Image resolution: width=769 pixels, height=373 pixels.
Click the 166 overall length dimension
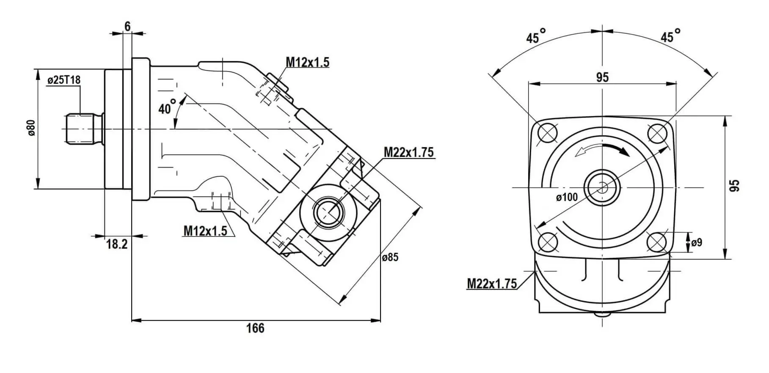pos(255,329)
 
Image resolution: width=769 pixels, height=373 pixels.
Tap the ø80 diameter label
pos(31,128)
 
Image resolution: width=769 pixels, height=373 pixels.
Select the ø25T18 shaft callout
pos(64,80)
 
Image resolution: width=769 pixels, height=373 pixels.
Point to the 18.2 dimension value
pos(116,244)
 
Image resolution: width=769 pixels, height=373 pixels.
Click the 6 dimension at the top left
pos(127,26)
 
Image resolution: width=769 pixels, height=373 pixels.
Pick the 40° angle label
pos(167,108)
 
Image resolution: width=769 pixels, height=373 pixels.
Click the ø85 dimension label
pos(390,257)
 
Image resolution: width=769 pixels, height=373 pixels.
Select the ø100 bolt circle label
pos(567,197)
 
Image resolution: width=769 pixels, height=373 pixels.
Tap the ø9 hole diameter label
pos(697,243)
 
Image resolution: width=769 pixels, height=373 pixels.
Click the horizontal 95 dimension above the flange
pos(602,77)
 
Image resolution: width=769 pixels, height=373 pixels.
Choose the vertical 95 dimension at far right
pos(736,186)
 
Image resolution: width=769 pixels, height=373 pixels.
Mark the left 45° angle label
pos(535,37)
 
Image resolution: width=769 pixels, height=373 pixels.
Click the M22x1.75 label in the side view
pos(408,152)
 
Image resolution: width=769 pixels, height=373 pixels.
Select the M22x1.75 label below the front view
pos(492,283)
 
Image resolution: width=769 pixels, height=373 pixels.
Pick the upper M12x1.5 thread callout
pos(307,62)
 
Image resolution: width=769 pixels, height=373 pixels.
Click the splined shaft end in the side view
pos(80,128)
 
